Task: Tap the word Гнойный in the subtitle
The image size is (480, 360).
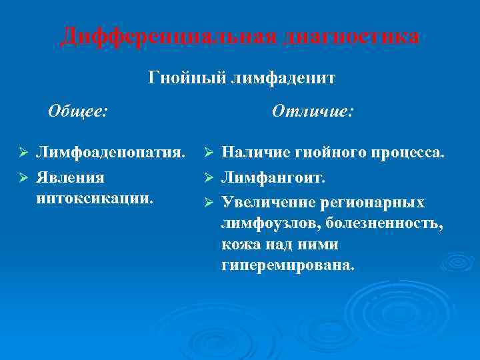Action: pos(187,79)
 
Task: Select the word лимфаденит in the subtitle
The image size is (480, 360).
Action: pos(283,79)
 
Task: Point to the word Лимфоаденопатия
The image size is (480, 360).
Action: pos(110,153)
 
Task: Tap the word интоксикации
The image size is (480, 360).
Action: pos(94,198)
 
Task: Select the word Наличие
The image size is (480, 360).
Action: pos(253,153)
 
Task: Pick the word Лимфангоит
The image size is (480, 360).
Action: pos(273,178)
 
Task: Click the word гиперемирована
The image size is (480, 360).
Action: pos(288,265)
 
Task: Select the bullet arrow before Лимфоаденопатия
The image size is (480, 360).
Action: pos(23,153)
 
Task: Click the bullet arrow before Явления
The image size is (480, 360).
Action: pos(23,178)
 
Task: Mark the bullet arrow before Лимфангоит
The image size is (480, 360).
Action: pos(208,178)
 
